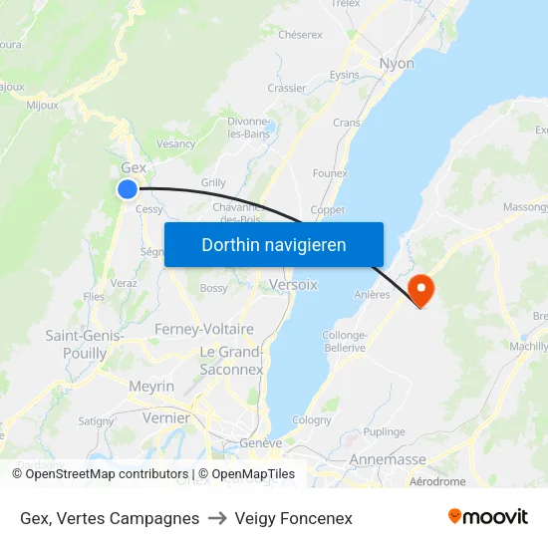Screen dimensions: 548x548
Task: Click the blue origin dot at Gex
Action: [128, 188]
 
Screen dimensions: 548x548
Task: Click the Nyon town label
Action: [397, 64]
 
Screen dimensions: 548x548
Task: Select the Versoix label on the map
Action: [293, 285]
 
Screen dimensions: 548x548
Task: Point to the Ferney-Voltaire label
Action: [204, 329]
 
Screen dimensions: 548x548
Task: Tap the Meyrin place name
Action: [151, 386]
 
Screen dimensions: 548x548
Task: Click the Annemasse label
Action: [388, 460]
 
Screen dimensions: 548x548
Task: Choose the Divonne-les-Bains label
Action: [249, 128]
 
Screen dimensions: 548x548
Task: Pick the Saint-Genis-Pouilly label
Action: [85, 345]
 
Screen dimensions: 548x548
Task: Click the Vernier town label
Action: [165, 418]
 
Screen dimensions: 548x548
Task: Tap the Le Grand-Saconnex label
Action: [231, 361]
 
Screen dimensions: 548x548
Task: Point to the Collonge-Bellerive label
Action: [345, 342]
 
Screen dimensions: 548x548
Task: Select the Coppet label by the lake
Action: [327, 210]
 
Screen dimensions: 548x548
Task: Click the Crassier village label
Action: [287, 88]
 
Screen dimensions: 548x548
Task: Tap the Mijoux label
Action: [42, 105]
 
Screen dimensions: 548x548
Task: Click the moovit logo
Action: [488, 517]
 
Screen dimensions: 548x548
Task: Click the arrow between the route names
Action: [217, 518]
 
